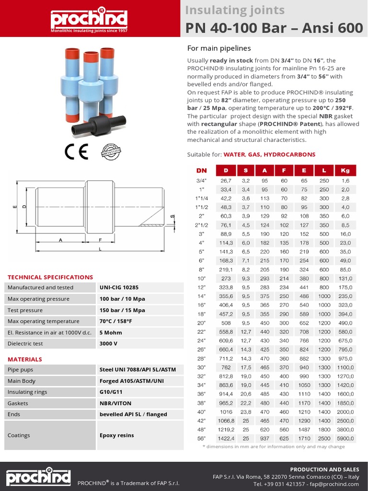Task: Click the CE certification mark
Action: [76, 152]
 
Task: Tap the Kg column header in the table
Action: [345, 170]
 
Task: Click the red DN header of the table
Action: [201, 170]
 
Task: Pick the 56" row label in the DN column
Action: [201, 438]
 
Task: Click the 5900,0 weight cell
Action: [345, 438]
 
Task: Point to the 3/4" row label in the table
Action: [202, 181]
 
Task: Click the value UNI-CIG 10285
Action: [119, 288]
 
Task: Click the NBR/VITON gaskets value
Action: [115, 403]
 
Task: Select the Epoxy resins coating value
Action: [116, 435]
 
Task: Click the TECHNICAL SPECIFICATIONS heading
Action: [50, 277]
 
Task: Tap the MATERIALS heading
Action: [25, 359]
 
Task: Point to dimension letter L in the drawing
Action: [100, 249]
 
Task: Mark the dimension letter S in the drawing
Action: [173, 217]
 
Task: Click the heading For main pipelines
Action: [218, 48]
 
